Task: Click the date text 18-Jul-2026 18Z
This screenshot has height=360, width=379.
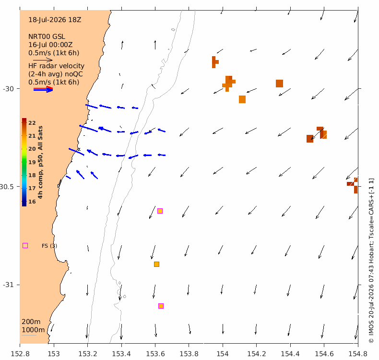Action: tap(55, 20)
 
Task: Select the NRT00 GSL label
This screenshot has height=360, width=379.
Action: tap(47, 36)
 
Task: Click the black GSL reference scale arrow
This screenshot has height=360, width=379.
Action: tap(43, 60)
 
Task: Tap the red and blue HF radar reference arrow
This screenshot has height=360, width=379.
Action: tap(43, 89)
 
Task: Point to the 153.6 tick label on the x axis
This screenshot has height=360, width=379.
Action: tap(155, 354)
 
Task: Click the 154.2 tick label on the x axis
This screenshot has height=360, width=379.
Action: tap(256, 354)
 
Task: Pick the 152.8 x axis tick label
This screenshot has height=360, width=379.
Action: tap(20, 354)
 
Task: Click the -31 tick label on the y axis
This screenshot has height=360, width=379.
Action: tap(8, 285)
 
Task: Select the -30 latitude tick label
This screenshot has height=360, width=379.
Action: tap(8, 89)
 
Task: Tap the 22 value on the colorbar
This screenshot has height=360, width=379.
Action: tap(32, 123)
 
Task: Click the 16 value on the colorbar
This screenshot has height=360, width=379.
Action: tap(32, 202)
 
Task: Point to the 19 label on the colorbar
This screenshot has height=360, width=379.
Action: tap(32, 162)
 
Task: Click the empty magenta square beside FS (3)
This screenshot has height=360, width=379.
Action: tap(25, 246)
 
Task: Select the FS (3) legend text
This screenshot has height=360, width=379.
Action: tap(49, 246)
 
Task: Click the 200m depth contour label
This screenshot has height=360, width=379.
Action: tap(31, 322)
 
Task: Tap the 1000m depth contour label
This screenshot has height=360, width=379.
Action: tap(33, 330)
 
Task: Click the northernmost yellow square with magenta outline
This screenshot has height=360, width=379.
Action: tap(160, 211)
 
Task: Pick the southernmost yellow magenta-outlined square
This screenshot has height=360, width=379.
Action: tap(161, 306)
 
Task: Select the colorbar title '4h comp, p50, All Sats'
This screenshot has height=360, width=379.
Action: tap(40, 162)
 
